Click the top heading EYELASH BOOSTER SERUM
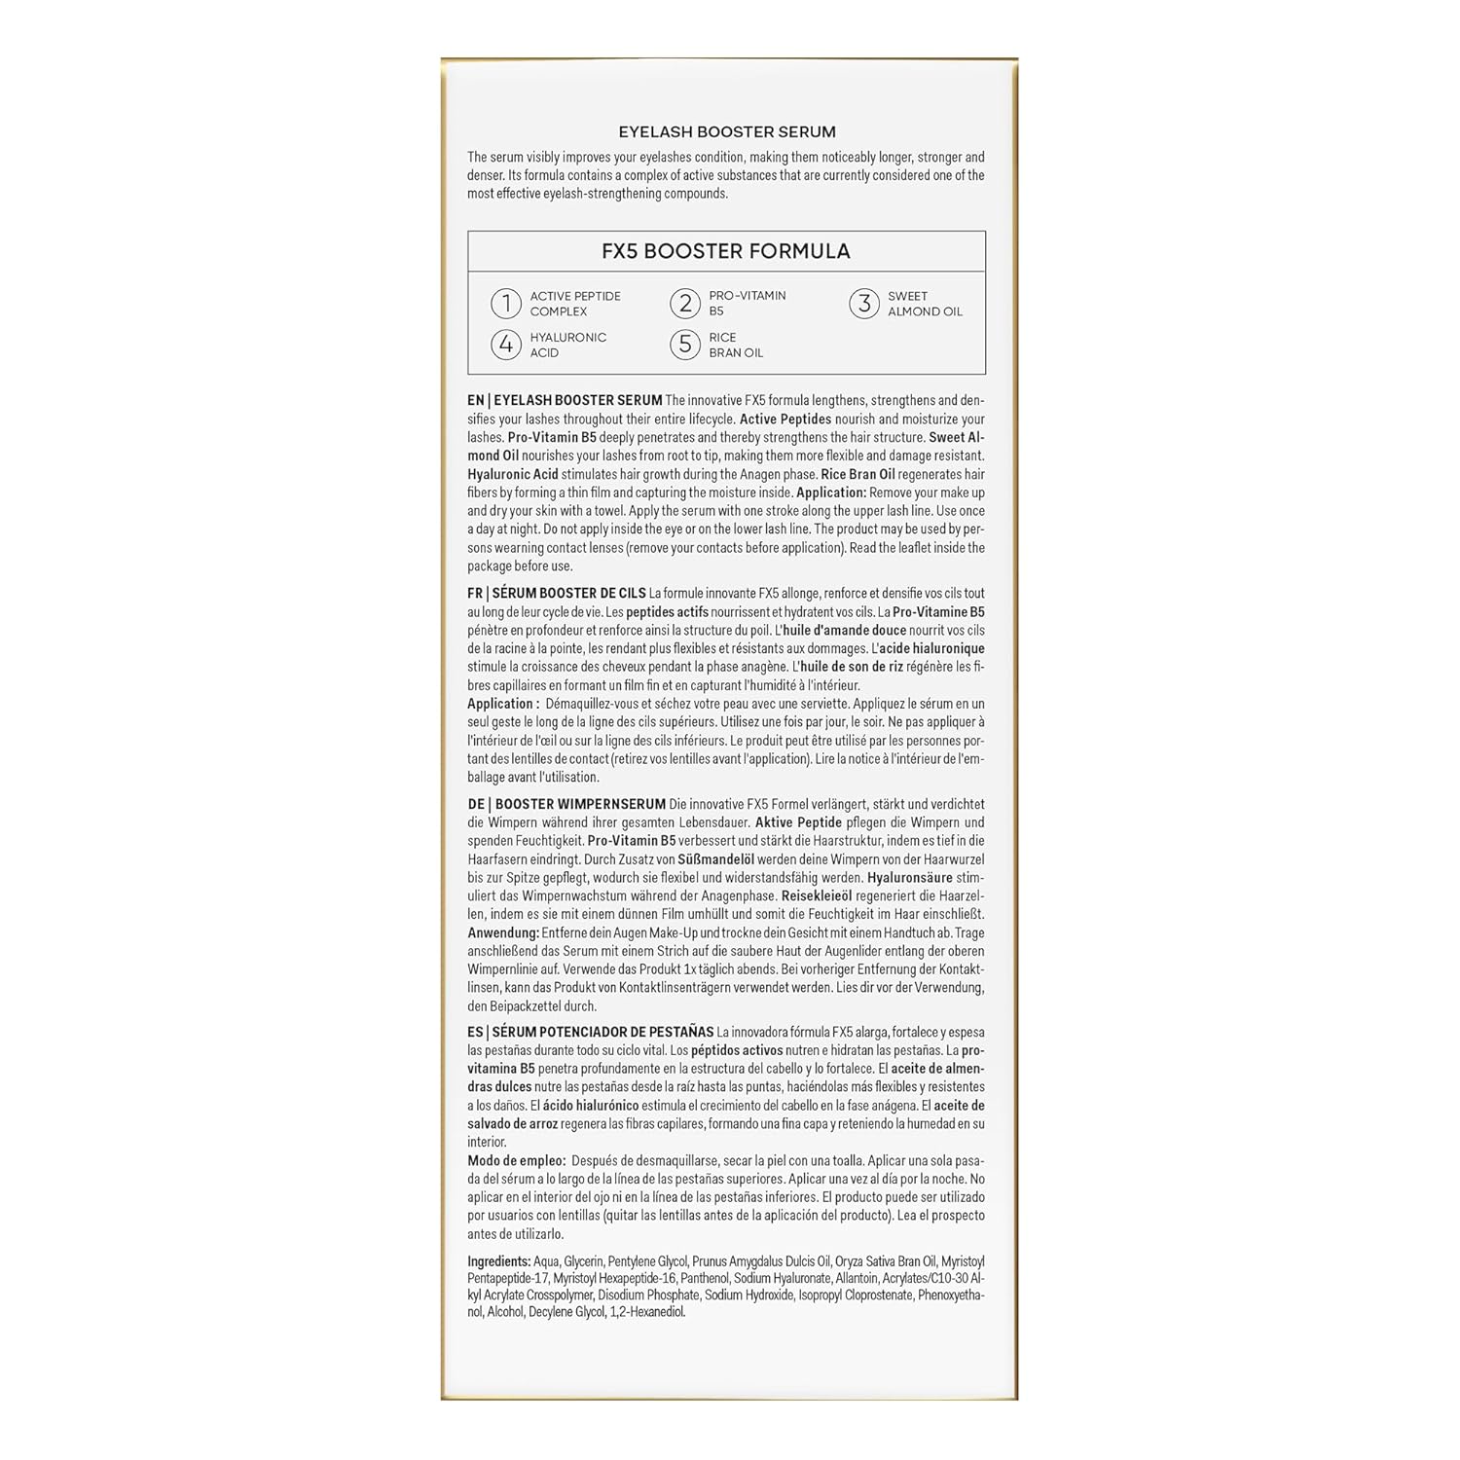(x=727, y=131)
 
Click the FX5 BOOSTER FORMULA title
(x=726, y=251)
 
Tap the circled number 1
(x=505, y=304)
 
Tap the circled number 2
(x=685, y=304)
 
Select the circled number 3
(x=863, y=304)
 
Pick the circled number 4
(x=505, y=345)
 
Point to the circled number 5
(x=685, y=345)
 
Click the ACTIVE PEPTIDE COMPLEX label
(x=574, y=304)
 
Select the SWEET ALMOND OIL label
(x=924, y=304)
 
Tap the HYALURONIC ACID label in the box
(x=567, y=345)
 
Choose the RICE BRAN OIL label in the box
(x=735, y=345)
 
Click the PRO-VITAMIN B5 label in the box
(x=747, y=304)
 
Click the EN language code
(x=476, y=400)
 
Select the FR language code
(x=475, y=593)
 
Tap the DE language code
(x=476, y=804)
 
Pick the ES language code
(x=475, y=1032)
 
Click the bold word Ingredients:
(x=498, y=1261)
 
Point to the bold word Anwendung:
(x=503, y=932)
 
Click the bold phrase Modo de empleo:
(x=516, y=1160)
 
